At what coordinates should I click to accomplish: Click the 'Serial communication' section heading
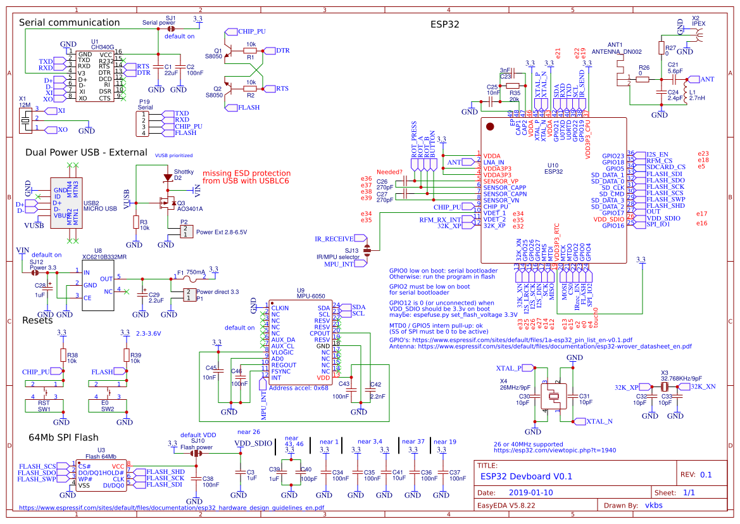(x=69, y=23)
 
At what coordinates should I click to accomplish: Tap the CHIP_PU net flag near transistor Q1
(x=252, y=31)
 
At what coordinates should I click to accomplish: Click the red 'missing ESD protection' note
(x=246, y=177)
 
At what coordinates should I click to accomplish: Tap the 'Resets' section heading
(x=37, y=320)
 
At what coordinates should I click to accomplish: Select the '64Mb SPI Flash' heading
(x=63, y=437)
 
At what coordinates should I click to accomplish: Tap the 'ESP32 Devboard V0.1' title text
(x=526, y=476)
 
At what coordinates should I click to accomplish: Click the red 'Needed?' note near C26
(x=389, y=172)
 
